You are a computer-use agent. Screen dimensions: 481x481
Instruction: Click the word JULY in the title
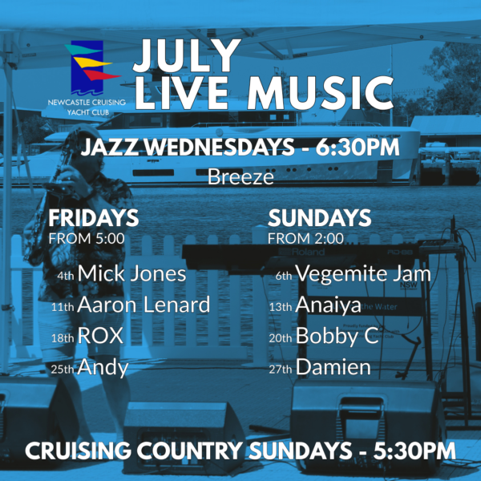[187, 55]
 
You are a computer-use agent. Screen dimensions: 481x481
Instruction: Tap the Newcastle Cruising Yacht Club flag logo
[91, 68]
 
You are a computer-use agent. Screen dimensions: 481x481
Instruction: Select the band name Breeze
[240, 177]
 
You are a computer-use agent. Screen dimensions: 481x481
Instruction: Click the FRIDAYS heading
[94, 218]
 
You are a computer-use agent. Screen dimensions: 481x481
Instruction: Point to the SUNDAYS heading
[319, 218]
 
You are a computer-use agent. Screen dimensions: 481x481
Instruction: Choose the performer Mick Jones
[131, 273]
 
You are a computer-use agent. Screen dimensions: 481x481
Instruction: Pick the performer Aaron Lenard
[143, 305]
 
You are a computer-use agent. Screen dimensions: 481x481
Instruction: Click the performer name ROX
[100, 336]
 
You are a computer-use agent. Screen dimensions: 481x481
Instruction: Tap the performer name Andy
[103, 367]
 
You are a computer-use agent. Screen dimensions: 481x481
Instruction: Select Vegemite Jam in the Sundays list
[363, 273]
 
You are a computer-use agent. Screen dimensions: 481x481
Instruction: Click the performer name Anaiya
[328, 305]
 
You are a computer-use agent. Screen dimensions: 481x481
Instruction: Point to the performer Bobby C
[338, 336]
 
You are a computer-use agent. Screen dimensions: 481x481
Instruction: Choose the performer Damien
[333, 367]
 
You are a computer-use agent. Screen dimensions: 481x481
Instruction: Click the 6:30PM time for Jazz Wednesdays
[358, 148]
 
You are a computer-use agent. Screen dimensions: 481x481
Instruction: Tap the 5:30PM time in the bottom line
[414, 451]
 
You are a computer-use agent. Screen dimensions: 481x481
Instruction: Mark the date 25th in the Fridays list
[63, 370]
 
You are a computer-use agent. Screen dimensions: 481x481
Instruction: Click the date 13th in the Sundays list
[281, 307]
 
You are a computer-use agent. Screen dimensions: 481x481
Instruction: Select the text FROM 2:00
[305, 239]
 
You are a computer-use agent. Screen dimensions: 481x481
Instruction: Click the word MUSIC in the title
[320, 93]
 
